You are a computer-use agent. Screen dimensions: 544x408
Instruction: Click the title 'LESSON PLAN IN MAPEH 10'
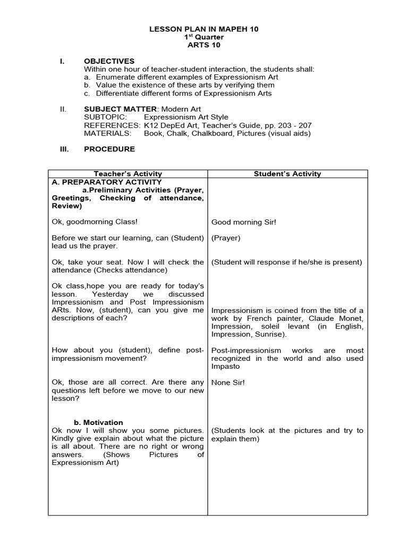tap(203, 29)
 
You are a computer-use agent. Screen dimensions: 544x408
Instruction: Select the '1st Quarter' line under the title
tap(203, 37)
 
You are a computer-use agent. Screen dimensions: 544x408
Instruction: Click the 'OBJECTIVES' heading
tap(109, 61)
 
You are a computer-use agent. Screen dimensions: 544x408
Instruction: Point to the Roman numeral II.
tap(63, 109)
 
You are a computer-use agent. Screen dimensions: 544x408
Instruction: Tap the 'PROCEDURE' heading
tap(109, 149)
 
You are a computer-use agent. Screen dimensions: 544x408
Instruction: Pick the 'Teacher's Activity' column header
tap(127, 174)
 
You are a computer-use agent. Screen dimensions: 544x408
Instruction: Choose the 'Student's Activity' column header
tap(287, 174)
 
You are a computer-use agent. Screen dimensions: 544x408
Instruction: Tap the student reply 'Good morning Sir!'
tap(243, 222)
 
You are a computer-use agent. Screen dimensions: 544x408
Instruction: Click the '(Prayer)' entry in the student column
tap(226, 238)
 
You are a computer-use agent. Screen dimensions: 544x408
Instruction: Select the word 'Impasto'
tap(225, 367)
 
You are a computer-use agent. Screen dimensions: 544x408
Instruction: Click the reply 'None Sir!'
tap(228, 382)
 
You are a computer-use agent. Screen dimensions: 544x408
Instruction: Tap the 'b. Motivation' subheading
tap(98, 422)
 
